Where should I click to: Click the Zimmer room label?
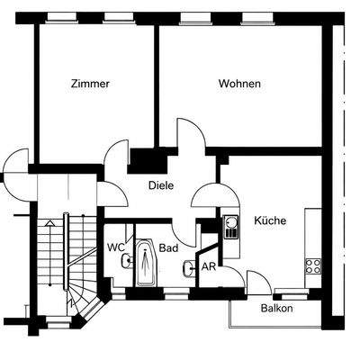click(x=90, y=84)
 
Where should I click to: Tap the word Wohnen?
click(x=239, y=84)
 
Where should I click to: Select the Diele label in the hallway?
click(x=161, y=186)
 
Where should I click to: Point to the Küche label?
click(x=269, y=220)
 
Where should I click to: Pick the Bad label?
click(x=167, y=247)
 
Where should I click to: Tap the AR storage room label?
click(x=208, y=267)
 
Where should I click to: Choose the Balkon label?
click(x=276, y=308)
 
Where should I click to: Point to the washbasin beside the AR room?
click(x=186, y=267)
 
